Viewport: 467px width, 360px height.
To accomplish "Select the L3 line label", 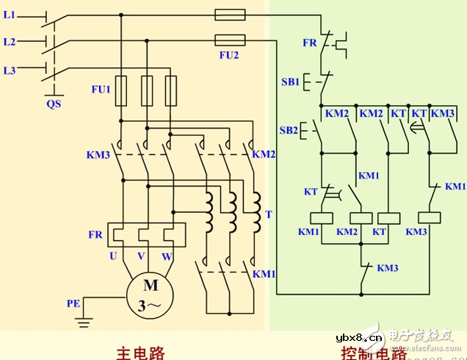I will coord(9,71).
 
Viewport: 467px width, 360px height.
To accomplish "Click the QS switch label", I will coord(54,104).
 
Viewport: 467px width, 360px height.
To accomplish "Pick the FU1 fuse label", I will coord(100,90).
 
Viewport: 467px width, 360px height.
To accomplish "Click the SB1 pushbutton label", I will coord(290,82).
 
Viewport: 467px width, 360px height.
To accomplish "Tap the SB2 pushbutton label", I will coord(289,131).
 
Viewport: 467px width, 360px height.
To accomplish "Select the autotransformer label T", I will coord(268,215).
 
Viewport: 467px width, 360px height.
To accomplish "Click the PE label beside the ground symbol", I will coord(73,302).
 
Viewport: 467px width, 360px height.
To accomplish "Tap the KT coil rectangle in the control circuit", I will coord(387,217).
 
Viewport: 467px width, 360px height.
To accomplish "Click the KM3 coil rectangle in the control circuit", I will coord(428,217).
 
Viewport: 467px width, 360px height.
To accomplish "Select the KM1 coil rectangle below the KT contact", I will coord(320,217).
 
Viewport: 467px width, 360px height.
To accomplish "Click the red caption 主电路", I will coord(140,351).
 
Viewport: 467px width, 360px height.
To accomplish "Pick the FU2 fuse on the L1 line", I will coord(230,14).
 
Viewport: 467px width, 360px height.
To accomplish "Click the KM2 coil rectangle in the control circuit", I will coord(359,217).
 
